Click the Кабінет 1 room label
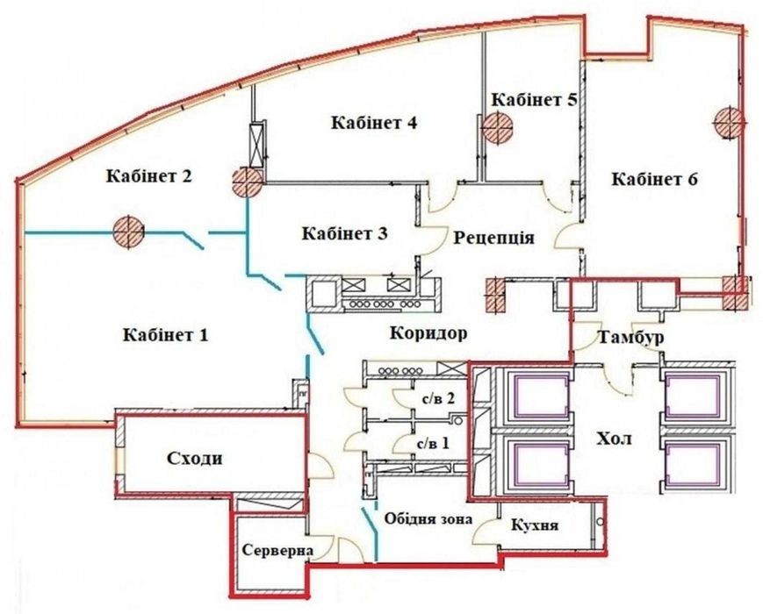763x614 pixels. (x=165, y=335)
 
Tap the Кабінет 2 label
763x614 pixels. (x=149, y=175)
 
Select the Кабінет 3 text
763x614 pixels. (x=344, y=233)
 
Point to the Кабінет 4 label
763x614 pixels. (x=374, y=123)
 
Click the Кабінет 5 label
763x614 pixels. (x=535, y=100)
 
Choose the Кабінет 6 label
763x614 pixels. (x=654, y=179)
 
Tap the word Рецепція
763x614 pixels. (x=494, y=238)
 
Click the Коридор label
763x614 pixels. (x=428, y=333)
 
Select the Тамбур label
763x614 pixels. (x=630, y=337)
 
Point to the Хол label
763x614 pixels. (x=614, y=439)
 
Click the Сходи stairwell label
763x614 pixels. (x=194, y=458)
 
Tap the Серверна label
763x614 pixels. (x=277, y=551)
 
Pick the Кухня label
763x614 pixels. (x=535, y=525)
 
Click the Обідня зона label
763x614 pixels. (x=428, y=518)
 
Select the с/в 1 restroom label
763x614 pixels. (x=434, y=443)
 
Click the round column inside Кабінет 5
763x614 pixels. (x=497, y=127)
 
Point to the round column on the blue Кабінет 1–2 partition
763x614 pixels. (x=128, y=231)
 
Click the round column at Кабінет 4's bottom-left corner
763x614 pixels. (x=248, y=182)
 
